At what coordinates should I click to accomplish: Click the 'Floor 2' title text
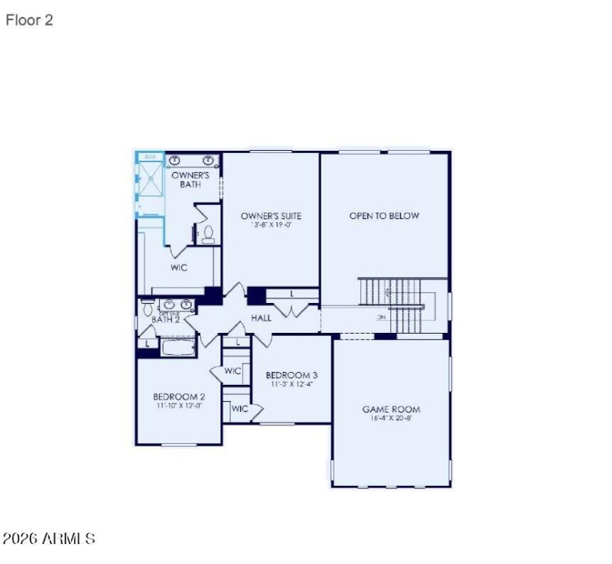[29, 21]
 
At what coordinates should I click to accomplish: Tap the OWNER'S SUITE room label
[271, 216]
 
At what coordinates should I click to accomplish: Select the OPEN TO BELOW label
[384, 216]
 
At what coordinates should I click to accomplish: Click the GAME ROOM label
[391, 409]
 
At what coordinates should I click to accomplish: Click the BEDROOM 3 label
[291, 375]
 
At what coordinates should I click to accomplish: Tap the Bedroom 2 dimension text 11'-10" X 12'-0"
[179, 406]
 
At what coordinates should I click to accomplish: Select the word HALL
[262, 318]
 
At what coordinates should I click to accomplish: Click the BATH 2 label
[165, 319]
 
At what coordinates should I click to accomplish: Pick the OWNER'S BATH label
[190, 180]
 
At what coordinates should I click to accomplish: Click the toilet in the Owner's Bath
[207, 234]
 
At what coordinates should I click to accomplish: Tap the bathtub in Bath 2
[179, 347]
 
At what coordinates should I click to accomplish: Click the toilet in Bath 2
[147, 308]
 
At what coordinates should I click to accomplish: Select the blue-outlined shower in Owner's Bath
[150, 184]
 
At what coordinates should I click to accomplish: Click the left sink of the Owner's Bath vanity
[175, 160]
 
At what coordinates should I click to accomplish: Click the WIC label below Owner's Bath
[179, 268]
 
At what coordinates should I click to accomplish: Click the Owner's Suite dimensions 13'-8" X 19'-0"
[271, 226]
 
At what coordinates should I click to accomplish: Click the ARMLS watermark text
[49, 539]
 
